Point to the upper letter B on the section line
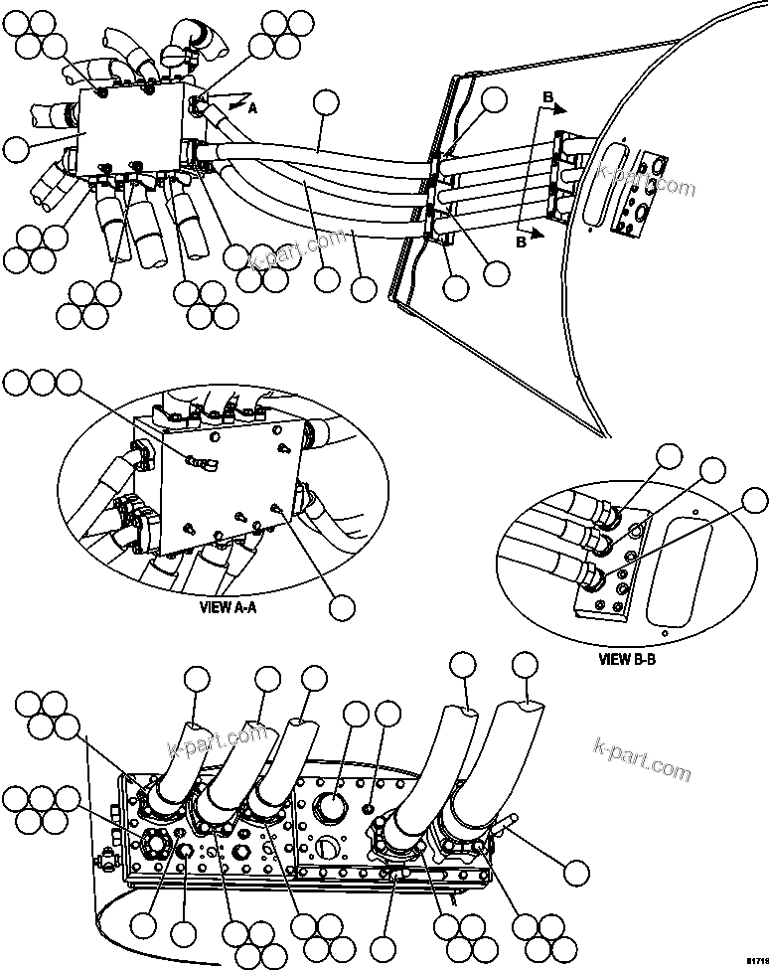click(x=546, y=96)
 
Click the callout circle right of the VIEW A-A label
click(x=343, y=608)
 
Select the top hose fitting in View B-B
click(x=605, y=514)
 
